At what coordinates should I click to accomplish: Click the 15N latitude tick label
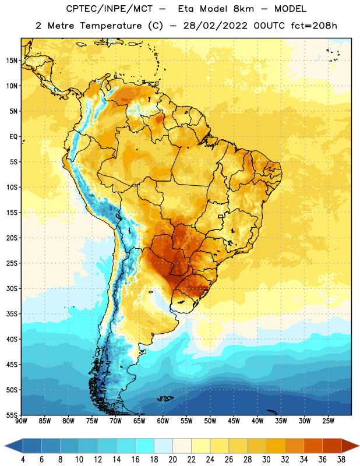click(12, 61)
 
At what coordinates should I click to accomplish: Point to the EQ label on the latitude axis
click(13, 137)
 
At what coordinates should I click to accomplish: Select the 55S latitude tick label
click(12, 415)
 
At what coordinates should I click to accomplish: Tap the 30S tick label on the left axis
click(12, 288)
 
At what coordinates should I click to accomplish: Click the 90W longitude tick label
click(21, 421)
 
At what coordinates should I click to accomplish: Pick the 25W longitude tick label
click(328, 421)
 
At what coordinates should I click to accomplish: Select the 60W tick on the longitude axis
click(163, 421)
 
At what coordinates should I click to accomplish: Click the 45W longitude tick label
click(234, 421)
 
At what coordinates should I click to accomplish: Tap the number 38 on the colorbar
click(341, 460)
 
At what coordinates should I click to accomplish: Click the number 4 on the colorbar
click(23, 460)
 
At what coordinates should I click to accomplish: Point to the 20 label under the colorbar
click(172, 460)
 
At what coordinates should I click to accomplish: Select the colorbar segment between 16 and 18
click(145, 445)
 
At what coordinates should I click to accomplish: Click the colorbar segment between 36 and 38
click(332, 445)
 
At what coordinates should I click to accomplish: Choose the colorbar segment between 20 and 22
click(182, 445)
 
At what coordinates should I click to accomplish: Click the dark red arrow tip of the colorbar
click(358, 445)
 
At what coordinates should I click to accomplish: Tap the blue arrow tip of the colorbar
click(5, 445)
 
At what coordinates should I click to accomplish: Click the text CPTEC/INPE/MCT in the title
click(110, 9)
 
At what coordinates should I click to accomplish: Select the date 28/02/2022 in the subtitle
click(215, 26)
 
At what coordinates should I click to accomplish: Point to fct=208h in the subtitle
click(314, 26)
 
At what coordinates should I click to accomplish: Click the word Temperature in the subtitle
click(111, 26)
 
